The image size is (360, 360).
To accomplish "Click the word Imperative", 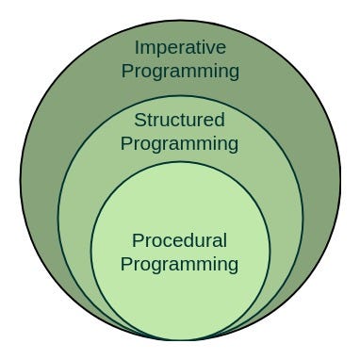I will tap(180, 47).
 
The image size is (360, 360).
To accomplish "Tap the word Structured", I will tap(180, 121).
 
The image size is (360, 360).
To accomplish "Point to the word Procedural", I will tap(180, 240).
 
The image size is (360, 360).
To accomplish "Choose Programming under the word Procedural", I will tap(180, 264).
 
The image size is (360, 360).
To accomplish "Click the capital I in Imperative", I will tap(138, 47).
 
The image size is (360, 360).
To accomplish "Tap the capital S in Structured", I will tap(139, 121).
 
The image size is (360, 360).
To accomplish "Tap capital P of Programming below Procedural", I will tap(126, 264).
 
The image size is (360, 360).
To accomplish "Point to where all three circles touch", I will tap(180, 339).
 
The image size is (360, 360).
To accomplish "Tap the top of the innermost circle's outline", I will tap(180, 161).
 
